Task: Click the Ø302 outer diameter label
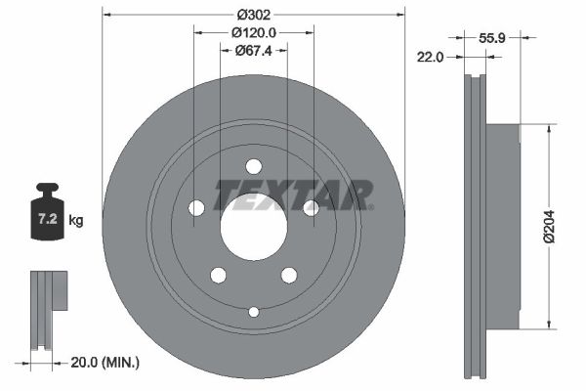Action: pos(253,15)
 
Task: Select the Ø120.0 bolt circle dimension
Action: pos(253,32)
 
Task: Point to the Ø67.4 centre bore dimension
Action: pos(253,51)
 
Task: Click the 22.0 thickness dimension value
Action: pos(431,58)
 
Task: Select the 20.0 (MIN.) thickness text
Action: pos(105,363)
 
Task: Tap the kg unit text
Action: pos(76,221)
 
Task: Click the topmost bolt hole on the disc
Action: pos(253,166)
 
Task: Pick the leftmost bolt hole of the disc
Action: pos(196,207)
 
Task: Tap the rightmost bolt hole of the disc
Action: pos(311,207)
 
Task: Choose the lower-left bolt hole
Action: pos(218,275)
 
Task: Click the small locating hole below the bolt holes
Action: pos(253,312)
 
